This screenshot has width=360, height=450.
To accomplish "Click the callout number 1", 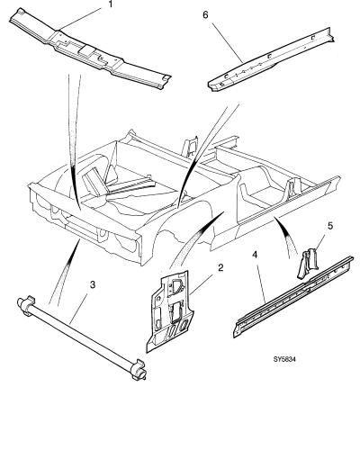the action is pyautogui.click(x=110, y=4).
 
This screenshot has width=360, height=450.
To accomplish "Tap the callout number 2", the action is pyautogui.click(x=220, y=267).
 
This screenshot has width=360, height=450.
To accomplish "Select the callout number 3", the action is pyautogui.click(x=93, y=284).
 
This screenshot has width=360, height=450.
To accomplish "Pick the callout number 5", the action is pyautogui.click(x=330, y=226).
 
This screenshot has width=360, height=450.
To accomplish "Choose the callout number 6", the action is pyautogui.click(x=205, y=15).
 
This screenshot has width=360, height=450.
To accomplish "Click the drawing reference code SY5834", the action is pyautogui.click(x=284, y=359).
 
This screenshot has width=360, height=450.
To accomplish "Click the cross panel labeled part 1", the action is pyautogui.click(x=90, y=50).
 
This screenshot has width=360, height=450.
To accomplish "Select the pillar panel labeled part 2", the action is pyautogui.click(x=169, y=312).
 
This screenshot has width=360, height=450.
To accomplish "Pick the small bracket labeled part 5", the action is pyautogui.click(x=308, y=264).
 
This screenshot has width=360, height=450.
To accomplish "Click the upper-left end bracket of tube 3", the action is pyautogui.click(x=26, y=304).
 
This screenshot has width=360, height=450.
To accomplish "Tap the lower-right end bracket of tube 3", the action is pyautogui.click(x=139, y=371).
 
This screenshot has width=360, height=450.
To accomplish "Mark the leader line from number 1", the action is pyautogui.click(x=80, y=19).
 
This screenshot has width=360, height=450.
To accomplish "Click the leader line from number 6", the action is pyautogui.click(x=228, y=42).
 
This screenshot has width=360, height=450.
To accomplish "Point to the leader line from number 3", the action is pyautogui.click(x=78, y=308).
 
